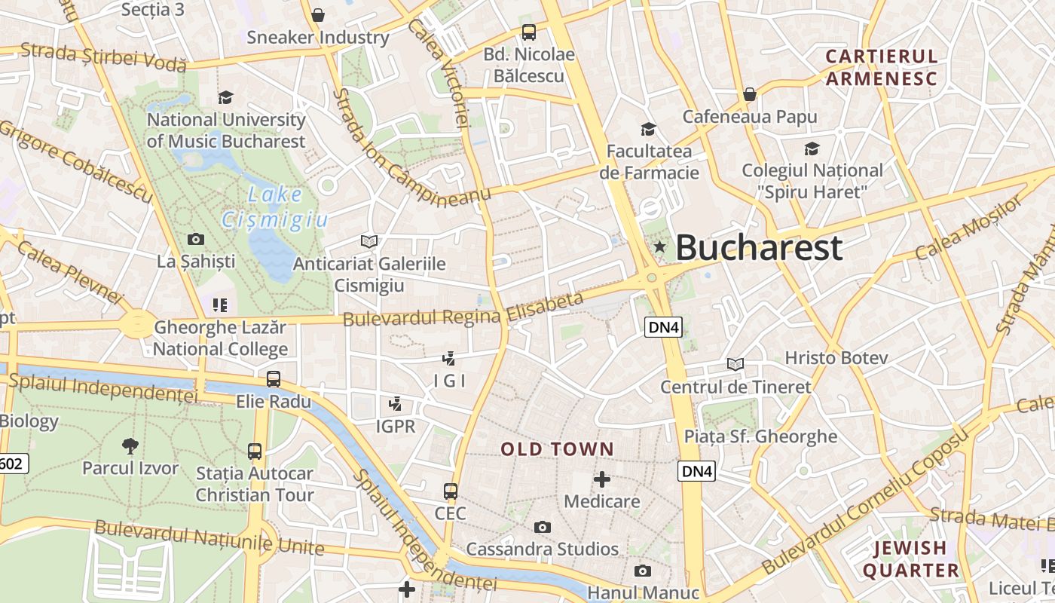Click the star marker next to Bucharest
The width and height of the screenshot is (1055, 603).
click(x=660, y=246)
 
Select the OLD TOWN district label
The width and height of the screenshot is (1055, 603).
click(x=558, y=449)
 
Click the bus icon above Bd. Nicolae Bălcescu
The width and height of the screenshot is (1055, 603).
click(x=529, y=32)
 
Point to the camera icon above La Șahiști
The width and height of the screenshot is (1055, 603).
click(x=196, y=240)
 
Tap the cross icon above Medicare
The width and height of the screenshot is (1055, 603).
click(x=602, y=479)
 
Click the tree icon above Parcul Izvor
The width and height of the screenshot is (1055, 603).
click(x=130, y=445)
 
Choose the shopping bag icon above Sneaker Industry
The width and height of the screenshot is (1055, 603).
click(x=318, y=15)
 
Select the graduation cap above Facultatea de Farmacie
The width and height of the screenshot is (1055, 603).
click(x=648, y=129)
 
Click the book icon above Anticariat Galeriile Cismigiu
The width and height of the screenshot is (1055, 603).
click(x=369, y=241)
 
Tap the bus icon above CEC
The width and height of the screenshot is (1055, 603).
click(x=451, y=491)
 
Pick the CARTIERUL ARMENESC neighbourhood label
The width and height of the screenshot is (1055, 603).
click(x=881, y=67)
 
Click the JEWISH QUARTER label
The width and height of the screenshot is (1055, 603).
click(x=910, y=559)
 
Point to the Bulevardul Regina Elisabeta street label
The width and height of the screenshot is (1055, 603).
click(x=463, y=310)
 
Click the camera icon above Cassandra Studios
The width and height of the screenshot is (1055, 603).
click(x=543, y=527)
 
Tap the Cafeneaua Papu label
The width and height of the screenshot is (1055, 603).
click(x=750, y=117)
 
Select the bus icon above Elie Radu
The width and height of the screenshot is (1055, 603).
click(x=274, y=379)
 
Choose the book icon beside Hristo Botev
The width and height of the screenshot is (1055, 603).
click(x=735, y=364)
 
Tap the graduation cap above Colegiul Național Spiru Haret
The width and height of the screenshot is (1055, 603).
click(x=812, y=148)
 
